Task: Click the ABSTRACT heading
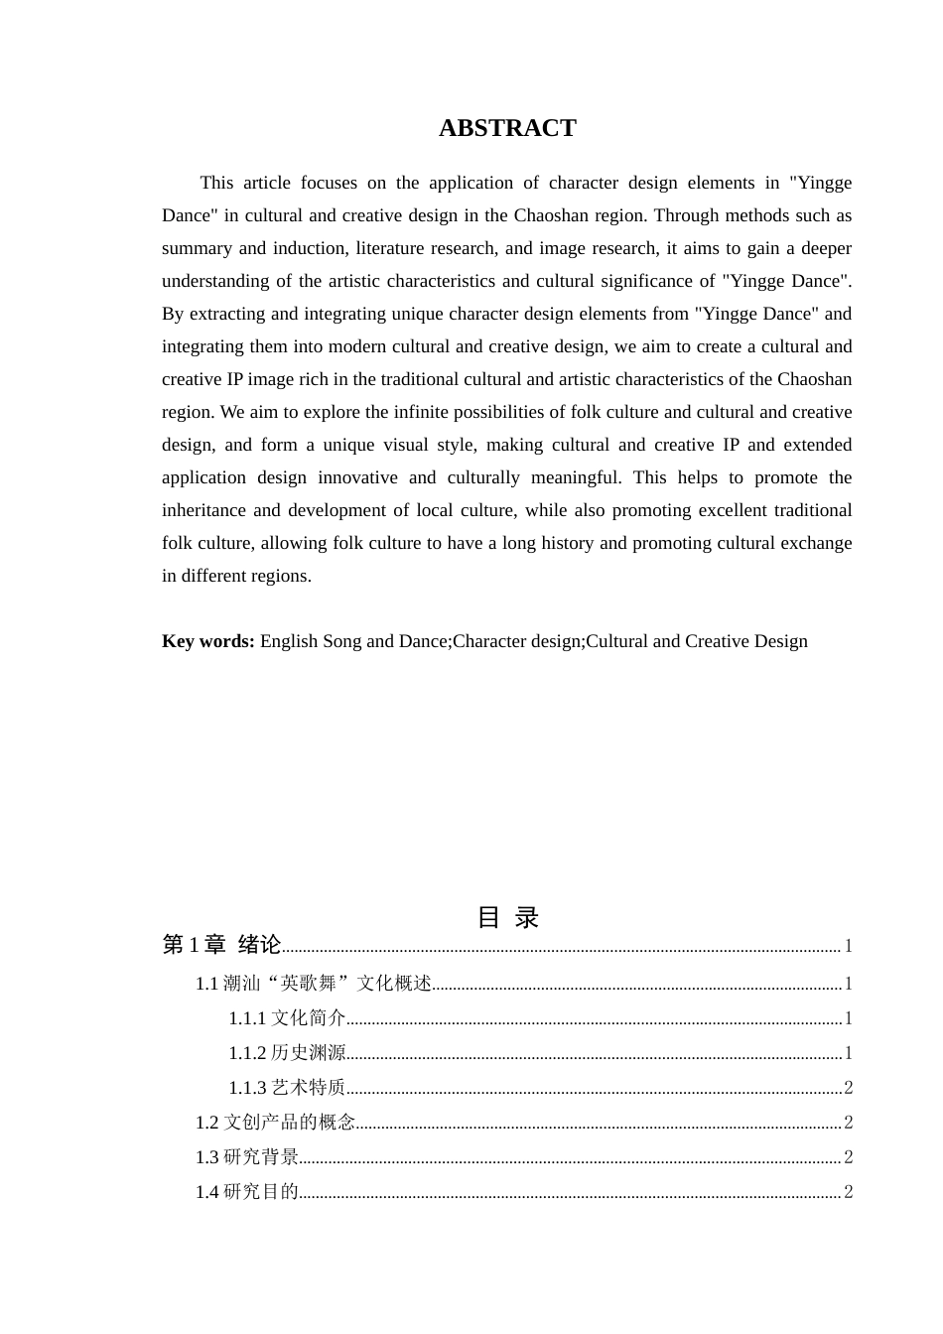tap(507, 128)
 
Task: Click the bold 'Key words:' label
tap(208, 641)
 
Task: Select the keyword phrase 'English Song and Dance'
tap(354, 641)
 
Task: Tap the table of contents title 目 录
tap(507, 917)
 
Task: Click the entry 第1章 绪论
tap(221, 945)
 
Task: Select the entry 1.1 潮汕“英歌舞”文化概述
tap(313, 984)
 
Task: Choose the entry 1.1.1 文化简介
tap(287, 1018)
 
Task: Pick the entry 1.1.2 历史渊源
tap(287, 1053)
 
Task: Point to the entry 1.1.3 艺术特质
tap(287, 1088)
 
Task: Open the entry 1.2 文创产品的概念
tap(275, 1123)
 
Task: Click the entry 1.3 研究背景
tap(247, 1157)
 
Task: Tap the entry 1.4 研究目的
tap(247, 1192)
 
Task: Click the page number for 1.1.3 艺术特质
tap(848, 1088)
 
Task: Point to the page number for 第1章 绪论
tap(848, 946)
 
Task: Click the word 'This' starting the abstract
tap(216, 183)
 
